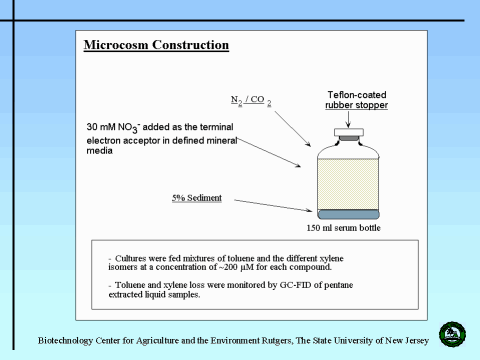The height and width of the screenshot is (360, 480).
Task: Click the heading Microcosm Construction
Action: coord(156,45)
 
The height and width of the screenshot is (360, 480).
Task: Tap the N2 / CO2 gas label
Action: coord(251,100)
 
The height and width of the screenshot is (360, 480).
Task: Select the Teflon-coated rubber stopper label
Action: coord(357,100)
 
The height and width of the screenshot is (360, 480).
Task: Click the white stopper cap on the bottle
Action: coord(349,132)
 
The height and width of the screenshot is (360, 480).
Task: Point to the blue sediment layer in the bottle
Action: coord(348,214)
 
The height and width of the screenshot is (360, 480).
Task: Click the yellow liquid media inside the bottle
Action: coord(348,184)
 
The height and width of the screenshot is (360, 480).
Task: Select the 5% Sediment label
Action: coord(197,198)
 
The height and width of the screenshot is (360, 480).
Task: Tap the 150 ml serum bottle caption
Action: coord(344,228)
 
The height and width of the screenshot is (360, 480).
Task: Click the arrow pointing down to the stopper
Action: coord(348,119)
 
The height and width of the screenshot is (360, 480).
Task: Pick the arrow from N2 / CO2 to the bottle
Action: coord(293,129)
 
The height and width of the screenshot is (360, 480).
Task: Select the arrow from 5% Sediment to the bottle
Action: coord(273,205)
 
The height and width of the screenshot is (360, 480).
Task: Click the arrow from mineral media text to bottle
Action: coord(269,153)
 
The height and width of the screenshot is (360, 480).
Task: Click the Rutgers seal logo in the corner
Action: coord(452,334)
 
